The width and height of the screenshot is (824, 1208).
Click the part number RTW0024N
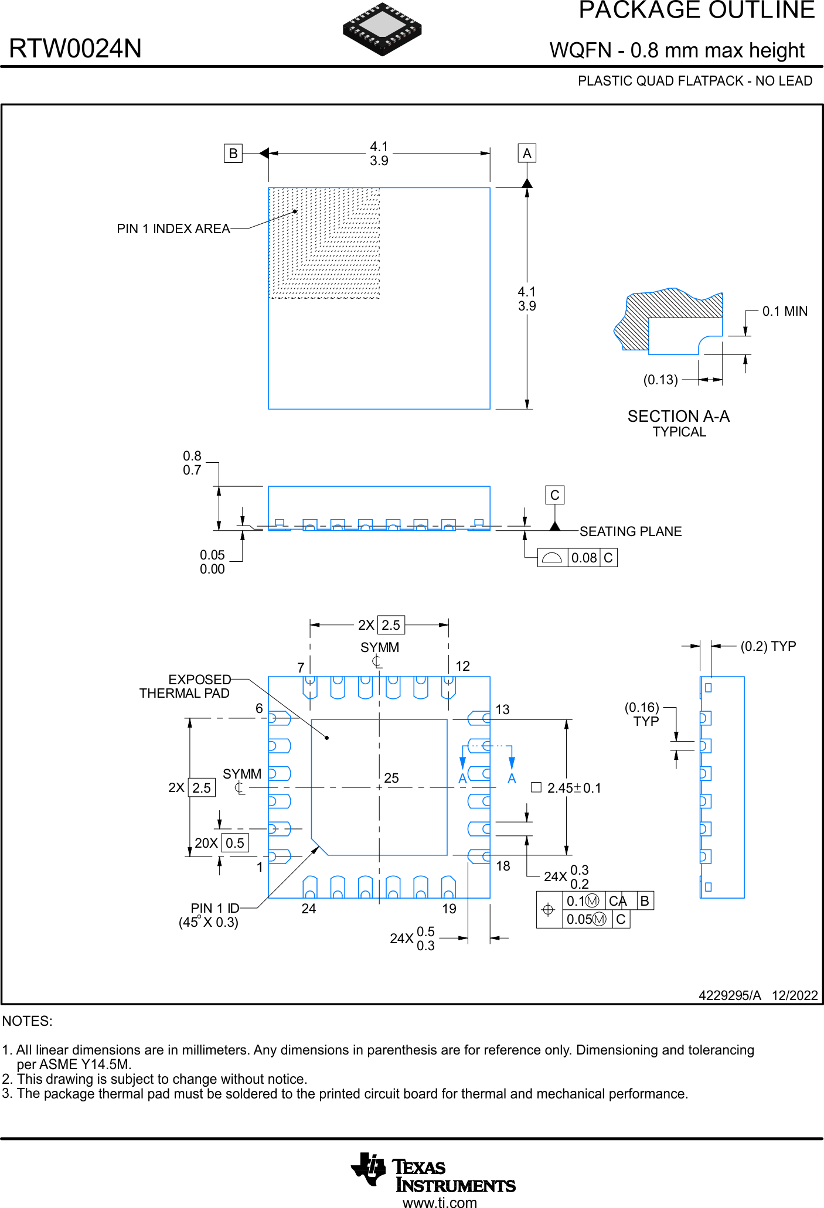tap(75, 49)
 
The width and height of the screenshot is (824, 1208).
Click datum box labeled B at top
tap(233, 153)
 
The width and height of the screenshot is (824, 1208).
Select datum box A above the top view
tap(527, 153)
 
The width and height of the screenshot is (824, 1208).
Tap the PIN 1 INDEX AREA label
tap(173, 229)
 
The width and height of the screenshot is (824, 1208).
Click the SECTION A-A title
tap(679, 417)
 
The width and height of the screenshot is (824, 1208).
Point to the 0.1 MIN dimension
tap(784, 312)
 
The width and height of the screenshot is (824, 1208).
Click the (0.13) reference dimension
tap(660, 380)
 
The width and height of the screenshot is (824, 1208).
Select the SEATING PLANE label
tap(631, 531)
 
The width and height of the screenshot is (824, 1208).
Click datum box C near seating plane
tap(554, 495)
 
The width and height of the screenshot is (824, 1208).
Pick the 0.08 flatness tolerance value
tap(584, 558)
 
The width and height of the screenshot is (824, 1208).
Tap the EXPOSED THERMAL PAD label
tap(185, 687)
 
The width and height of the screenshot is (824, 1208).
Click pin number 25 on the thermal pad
tap(391, 778)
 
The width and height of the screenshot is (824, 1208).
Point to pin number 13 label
tap(503, 710)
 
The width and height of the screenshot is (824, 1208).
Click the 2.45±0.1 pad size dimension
tap(573, 789)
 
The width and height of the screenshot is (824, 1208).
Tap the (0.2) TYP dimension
tap(768, 646)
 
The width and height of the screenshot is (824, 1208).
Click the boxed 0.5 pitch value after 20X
tap(235, 843)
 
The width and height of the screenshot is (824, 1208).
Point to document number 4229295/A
tap(730, 995)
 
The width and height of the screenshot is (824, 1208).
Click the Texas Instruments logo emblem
tap(368, 1169)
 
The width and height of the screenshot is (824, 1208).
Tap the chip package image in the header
tap(382, 29)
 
